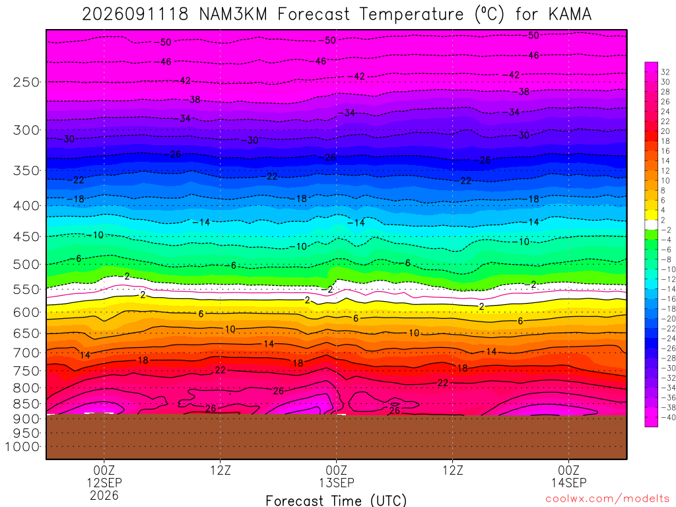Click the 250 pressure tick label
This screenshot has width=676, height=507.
coord(26,82)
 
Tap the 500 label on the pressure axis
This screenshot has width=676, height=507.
coord(26,264)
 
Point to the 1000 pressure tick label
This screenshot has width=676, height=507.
coord(22,447)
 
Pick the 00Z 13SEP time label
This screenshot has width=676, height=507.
coord(336,476)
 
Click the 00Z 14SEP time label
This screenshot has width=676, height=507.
coord(568,476)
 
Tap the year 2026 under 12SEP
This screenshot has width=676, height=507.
coord(104,495)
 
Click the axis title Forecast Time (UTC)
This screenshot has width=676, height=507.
coord(336,500)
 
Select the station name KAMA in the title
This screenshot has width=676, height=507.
coord(570,15)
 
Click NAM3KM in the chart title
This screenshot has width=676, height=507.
coord(233,15)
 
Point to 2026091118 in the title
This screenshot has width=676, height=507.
coord(135,15)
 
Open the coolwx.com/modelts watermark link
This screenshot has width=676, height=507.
coord(607,499)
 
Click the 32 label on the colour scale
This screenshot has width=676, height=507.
coord(665,72)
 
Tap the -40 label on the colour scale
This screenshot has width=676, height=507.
coord(668,417)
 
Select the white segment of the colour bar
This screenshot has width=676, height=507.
coord(652,224)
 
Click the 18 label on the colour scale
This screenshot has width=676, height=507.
coord(665,141)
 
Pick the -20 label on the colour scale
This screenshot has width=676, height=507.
coord(668,319)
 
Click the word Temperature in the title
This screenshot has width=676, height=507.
coord(411,15)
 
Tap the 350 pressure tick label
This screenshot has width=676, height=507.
coord(26,171)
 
